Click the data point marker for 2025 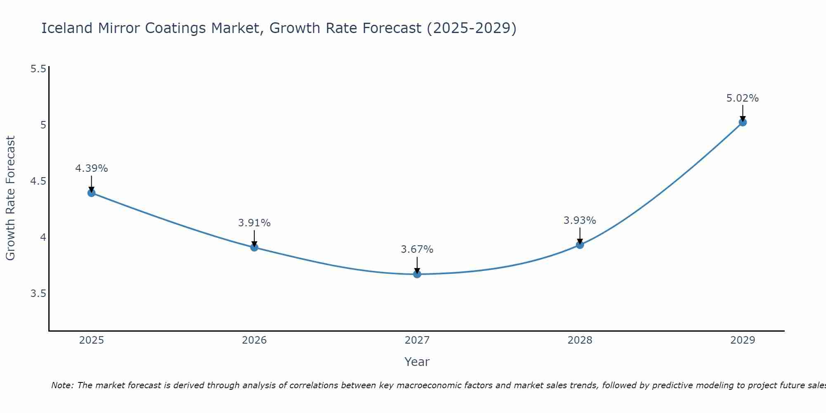[91, 193]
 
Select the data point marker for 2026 [254, 247]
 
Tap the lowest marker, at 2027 [417, 274]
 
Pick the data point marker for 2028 [580, 245]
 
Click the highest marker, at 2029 [743, 122]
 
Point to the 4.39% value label [91, 169]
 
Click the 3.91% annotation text [254, 223]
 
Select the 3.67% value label [417, 249]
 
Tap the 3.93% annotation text [580, 221]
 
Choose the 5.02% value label [743, 98]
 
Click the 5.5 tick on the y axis [38, 69]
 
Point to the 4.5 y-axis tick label [38, 181]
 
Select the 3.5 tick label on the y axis [38, 293]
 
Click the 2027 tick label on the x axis [417, 340]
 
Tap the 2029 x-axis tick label [743, 340]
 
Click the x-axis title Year [417, 362]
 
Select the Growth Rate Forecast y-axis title [10, 198]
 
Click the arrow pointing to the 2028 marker [580, 235]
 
